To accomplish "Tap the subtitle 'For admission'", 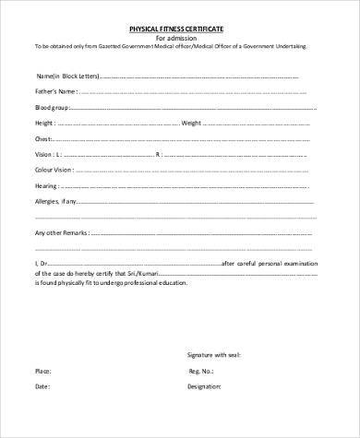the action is point(180,38).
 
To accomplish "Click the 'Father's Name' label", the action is point(53,92).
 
